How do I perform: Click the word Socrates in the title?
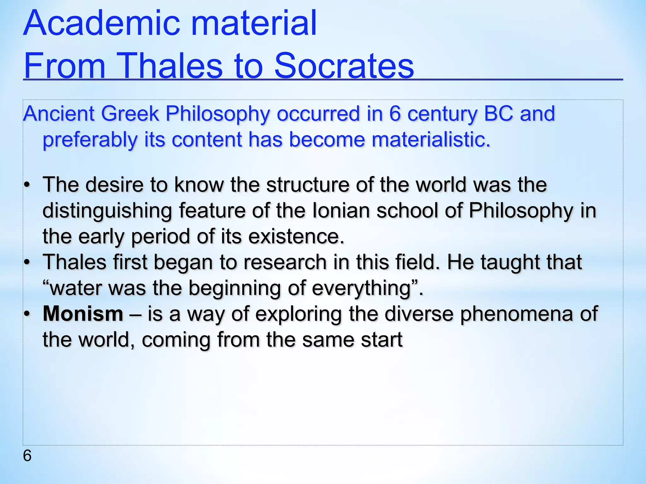344,66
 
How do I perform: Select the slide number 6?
27,456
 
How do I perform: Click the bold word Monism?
83,314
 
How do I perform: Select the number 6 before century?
395,113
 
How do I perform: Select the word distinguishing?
107,210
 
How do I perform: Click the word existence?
296,236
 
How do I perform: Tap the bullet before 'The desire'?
27,185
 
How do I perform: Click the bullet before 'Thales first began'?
27,262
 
